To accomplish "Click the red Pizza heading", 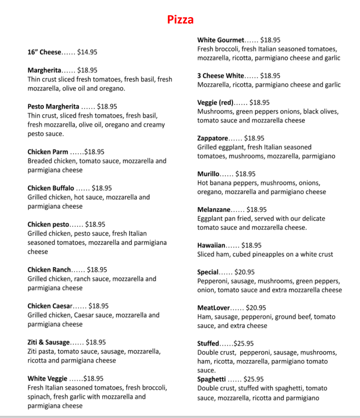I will pyautogui.click(x=180, y=19).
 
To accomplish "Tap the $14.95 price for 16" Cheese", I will pyautogui.click(x=87, y=52).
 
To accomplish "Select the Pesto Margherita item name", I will pyautogui.click(x=53, y=107).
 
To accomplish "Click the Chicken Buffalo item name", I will pyautogui.click(x=51, y=188).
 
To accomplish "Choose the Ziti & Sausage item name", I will pyautogui.click(x=48, y=342).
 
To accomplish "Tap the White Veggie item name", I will pyautogui.click(x=47, y=378).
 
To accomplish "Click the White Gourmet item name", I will pyautogui.click(x=220, y=40).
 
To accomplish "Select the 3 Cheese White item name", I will pyautogui.click(x=220, y=76).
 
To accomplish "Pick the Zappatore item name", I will pyautogui.click(x=212, y=138).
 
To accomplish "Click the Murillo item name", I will pyautogui.click(x=208, y=174).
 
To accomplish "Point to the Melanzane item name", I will pyautogui.click(x=213, y=210).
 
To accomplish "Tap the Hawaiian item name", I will pyautogui.click(x=211, y=246).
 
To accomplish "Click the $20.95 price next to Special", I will pyautogui.click(x=244, y=272).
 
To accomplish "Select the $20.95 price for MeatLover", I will pyautogui.click(x=256, y=308).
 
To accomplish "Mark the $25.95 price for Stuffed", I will pyautogui.click(x=244, y=344).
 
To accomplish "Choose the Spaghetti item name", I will pyautogui.click(x=212, y=379).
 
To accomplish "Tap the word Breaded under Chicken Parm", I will pyautogui.click(x=39, y=161).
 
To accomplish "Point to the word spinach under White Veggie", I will pyautogui.click(x=38, y=397).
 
